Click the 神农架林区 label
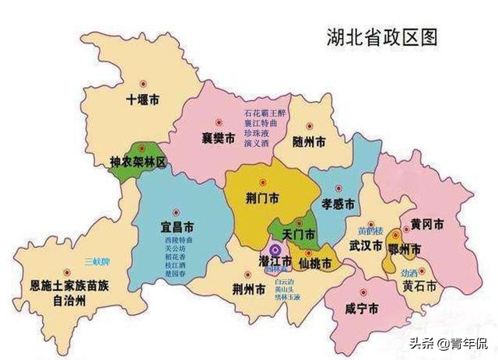[x=139, y=163]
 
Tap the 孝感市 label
[x=338, y=204]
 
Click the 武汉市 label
[x=365, y=246]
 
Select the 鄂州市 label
[x=405, y=250]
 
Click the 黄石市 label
[x=419, y=286]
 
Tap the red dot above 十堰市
[x=142, y=82]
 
